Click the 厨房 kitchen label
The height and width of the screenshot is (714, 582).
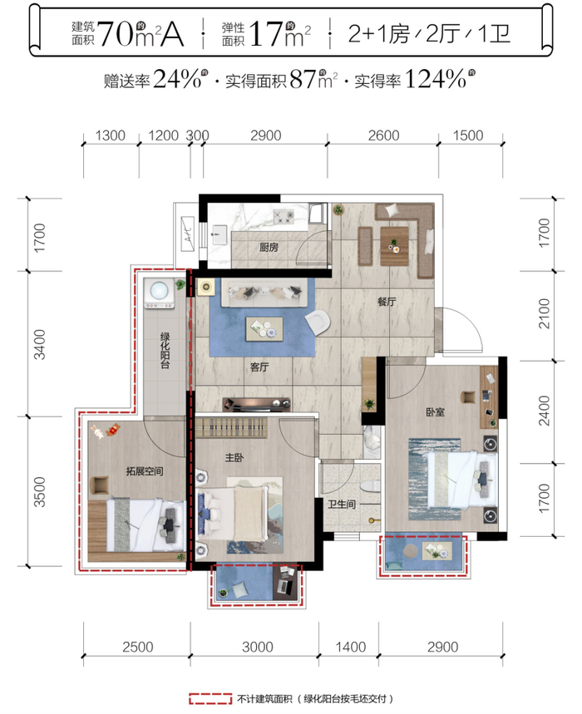coord(269,247)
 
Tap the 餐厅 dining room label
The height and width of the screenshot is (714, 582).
coord(387,302)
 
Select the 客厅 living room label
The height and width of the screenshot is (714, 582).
coord(259,367)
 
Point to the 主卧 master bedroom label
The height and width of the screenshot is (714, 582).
coord(234,458)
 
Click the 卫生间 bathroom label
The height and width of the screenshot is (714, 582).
coord(342,504)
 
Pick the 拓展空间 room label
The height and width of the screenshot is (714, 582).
coord(145,471)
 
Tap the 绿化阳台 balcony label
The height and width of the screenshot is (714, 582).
coord(165,351)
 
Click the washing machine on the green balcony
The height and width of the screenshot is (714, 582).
coord(160,293)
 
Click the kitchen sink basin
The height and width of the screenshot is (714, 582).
coord(219,235)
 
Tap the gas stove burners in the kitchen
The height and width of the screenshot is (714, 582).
coord(284,216)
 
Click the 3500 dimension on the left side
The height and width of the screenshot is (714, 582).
coord(40,492)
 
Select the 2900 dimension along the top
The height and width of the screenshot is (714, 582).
coord(265,135)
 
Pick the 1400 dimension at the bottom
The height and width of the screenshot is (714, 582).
coord(350,647)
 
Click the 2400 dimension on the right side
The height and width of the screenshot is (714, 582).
coord(544,411)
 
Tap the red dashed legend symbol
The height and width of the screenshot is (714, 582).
coord(210,698)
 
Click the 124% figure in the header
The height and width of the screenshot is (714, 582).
coord(436,79)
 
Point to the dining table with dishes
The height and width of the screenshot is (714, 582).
coord(394,246)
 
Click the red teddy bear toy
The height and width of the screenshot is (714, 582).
coord(113,430)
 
